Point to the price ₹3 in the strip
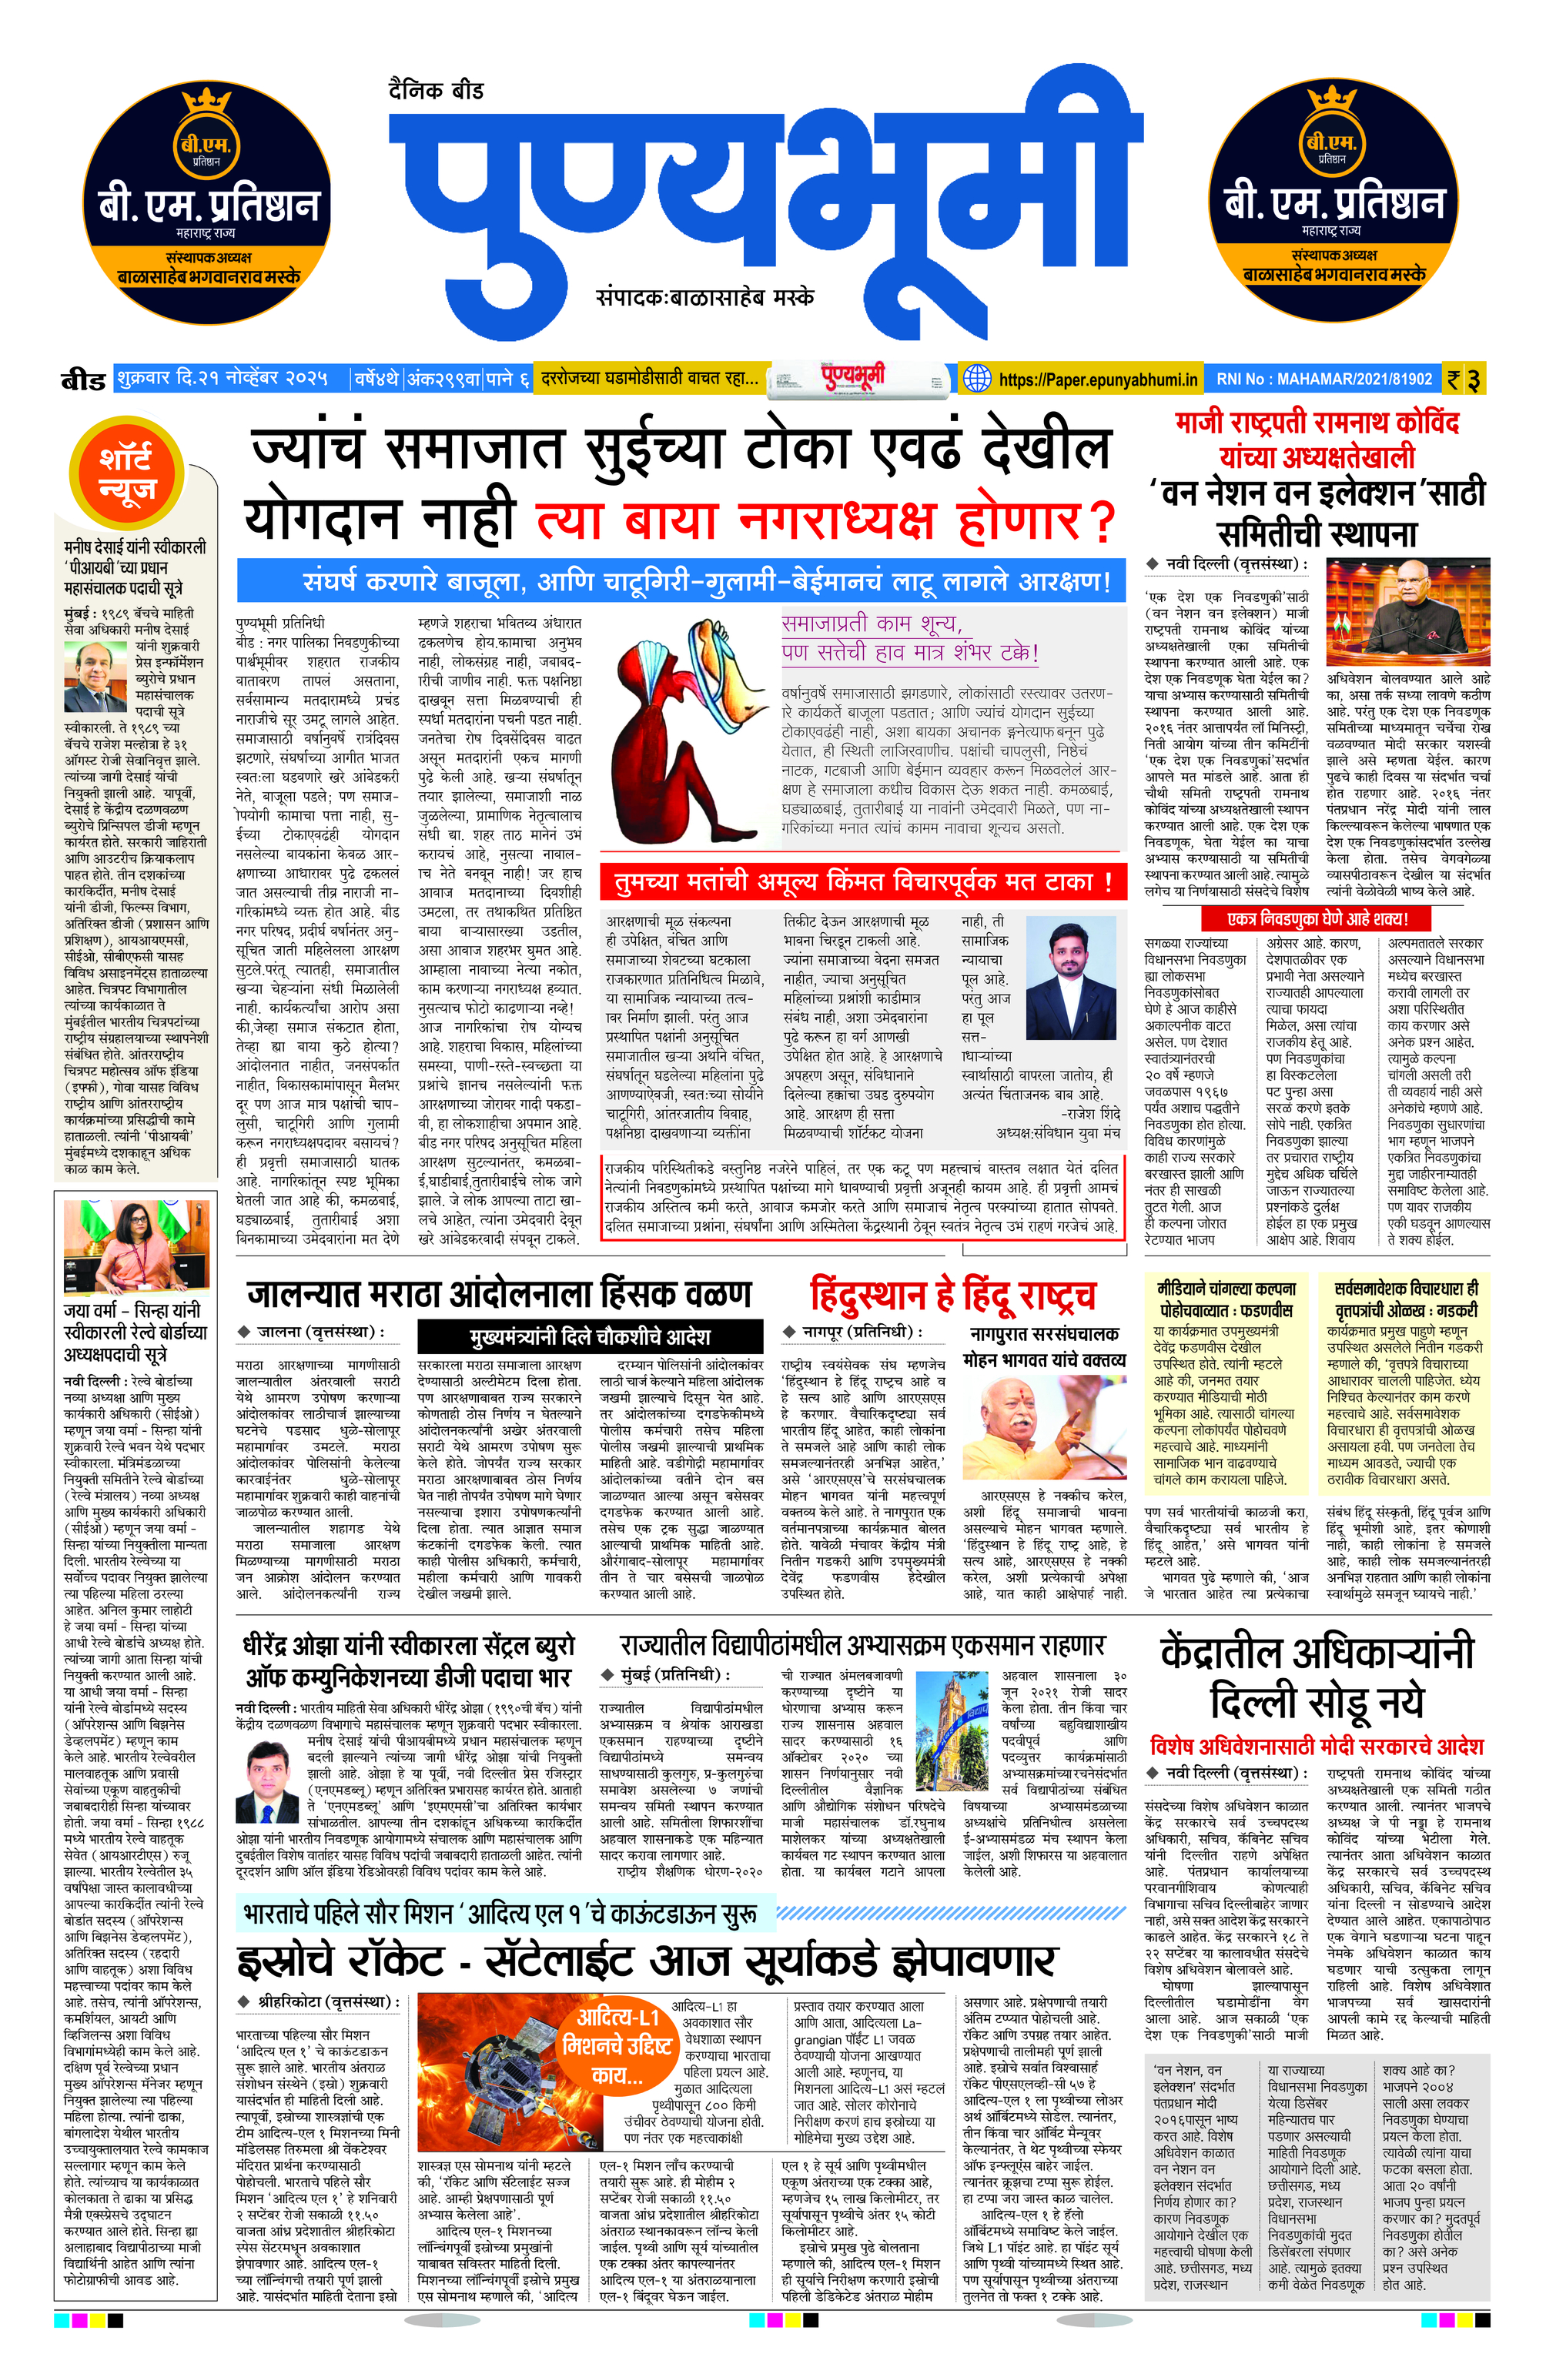1463,380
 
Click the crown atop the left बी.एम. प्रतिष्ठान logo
206,102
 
